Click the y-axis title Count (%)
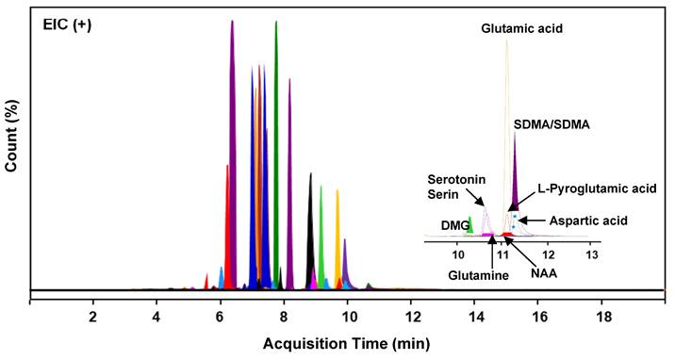click(x=12, y=140)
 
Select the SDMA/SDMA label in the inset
click(x=552, y=124)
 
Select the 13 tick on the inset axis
click(x=591, y=254)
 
